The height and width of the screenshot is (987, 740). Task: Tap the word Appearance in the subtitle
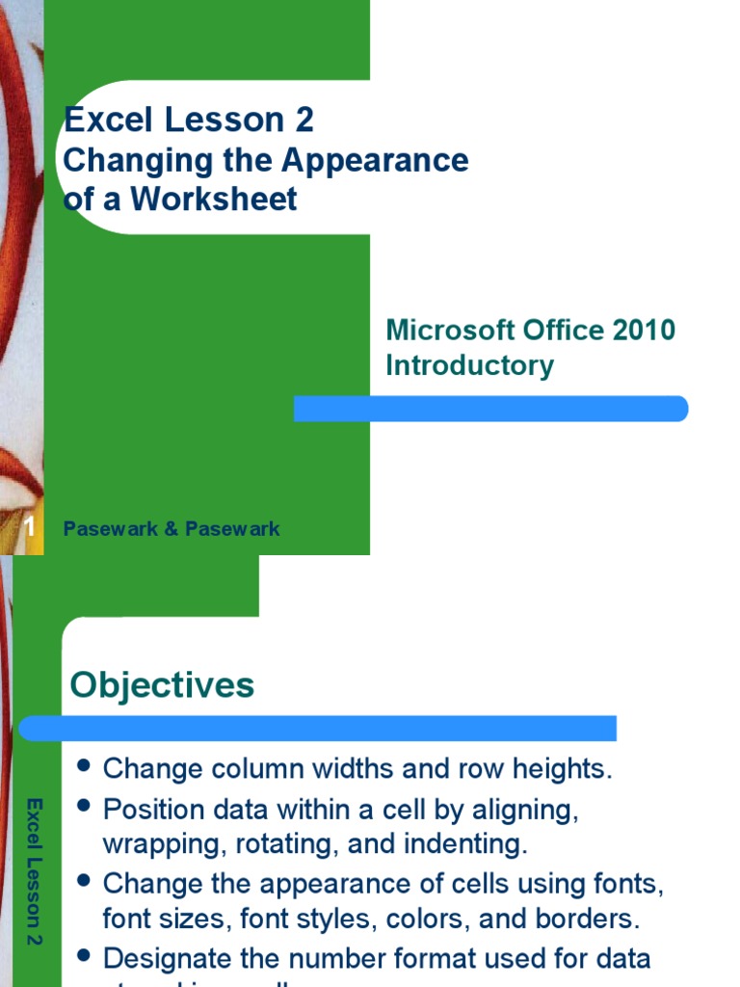(x=375, y=160)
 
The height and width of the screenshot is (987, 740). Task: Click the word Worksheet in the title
(x=214, y=199)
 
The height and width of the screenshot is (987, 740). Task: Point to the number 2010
(x=644, y=330)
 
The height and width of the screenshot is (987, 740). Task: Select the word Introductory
(x=469, y=366)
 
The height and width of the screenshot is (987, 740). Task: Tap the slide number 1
(x=30, y=527)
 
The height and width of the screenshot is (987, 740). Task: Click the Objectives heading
(x=162, y=685)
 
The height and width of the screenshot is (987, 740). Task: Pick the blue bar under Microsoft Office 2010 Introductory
(x=490, y=409)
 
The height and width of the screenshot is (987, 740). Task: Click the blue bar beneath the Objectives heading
(x=318, y=728)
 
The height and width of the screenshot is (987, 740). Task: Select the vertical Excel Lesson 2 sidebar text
(x=34, y=869)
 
